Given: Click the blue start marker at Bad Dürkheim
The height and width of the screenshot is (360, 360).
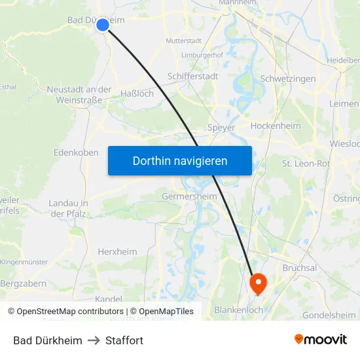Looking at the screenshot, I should tap(103, 25).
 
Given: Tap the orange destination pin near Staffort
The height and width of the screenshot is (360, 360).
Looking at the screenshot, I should tap(259, 282).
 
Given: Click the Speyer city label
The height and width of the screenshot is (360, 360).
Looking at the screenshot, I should tap(221, 128).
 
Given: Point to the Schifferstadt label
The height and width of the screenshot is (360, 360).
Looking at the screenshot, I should tap(193, 77).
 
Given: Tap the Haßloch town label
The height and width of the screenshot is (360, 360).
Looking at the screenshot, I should tap(137, 94).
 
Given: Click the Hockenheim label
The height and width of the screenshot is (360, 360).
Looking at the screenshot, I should tap(276, 126).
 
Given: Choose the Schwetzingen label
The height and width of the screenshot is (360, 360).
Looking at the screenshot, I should tap(288, 79).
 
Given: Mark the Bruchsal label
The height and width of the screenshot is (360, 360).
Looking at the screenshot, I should tap(300, 268).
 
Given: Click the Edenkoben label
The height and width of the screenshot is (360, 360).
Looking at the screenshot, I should tap(76, 153).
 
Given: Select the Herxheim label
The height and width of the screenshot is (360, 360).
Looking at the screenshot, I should tap(118, 251).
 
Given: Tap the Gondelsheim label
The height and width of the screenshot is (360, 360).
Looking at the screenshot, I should tap(329, 315).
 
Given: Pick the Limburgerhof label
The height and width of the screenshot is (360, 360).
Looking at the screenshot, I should tap(202, 55).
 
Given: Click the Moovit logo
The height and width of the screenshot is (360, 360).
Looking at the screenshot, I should tap(320, 339).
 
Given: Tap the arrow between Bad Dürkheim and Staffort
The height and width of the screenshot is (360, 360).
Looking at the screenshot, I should tap(94, 340).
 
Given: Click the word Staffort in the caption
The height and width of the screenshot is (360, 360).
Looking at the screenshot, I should tap(124, 340).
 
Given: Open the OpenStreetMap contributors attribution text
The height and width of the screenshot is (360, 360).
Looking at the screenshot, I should tap(68, 312).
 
